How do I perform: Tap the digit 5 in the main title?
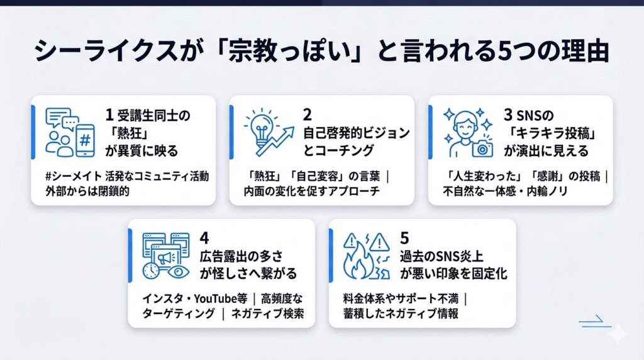click(x=504, y=52)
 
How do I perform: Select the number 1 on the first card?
click(x=109, y=115)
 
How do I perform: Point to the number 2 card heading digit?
click(x=307, y=115)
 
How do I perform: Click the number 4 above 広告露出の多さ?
click(x=204, y=238)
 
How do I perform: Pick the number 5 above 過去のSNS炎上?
click(x=404, y=238)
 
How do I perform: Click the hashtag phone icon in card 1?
click(x=85, y=140)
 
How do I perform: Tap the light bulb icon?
click(x=262, y=128)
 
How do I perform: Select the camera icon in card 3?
click(x=482, y=148)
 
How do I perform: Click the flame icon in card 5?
click(x=358, y=261)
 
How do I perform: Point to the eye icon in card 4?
click(x=178, y=272)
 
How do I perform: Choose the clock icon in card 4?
click(x=151, y=271)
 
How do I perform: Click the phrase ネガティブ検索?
click(x=267, y=313)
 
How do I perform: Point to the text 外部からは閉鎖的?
click(x=87, y=191)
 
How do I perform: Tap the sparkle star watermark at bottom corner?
click(x=618, y=334)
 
